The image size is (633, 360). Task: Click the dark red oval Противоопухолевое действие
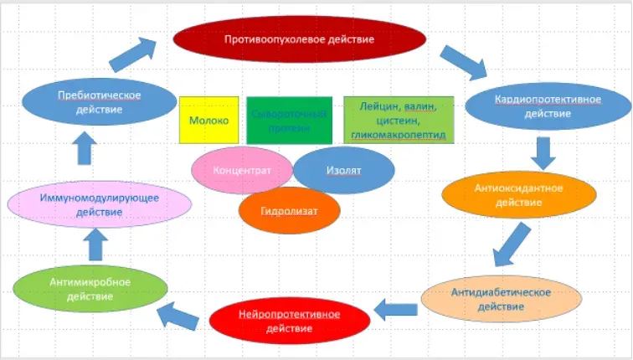click(299, 39)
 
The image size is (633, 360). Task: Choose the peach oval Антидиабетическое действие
click(501, 299)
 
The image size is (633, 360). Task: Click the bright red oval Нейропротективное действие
click(289, 321)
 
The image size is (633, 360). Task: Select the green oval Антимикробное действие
click(90, 289)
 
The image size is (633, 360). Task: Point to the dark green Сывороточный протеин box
click(290, 120)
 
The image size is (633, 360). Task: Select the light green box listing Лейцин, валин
click(399, 120)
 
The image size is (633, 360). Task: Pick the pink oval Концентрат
click(242, 170)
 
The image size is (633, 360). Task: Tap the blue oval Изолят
click(343, 170)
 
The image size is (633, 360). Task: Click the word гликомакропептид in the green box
click(399, 134)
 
